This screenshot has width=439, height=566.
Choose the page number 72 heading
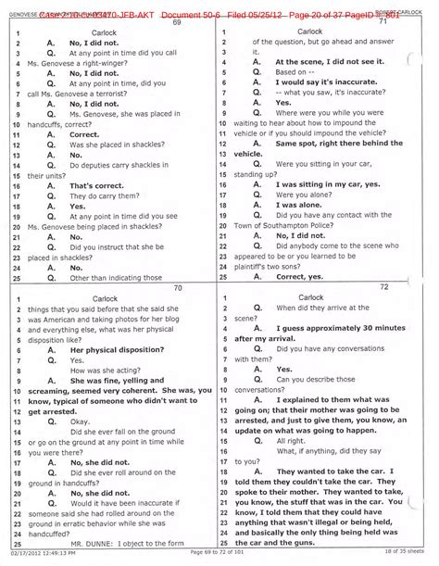click(326, 288)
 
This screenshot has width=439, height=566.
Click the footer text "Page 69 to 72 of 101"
click(218, 554)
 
